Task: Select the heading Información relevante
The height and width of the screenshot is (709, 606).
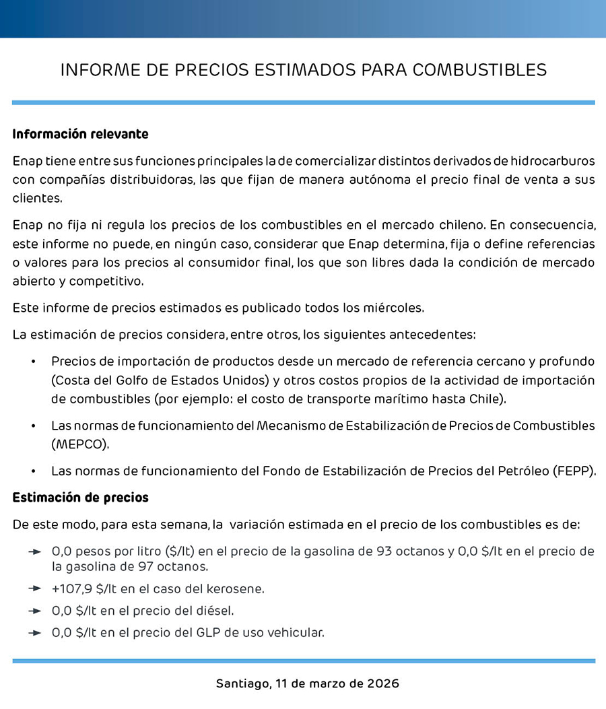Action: (x=80, y=134)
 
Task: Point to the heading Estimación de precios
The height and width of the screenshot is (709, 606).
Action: (x=80, y=498)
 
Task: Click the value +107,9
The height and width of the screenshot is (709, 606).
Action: (x=72, y=588)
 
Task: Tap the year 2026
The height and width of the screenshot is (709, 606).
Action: (x=383, y=683)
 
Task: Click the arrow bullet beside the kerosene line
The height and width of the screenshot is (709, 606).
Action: (x=35, y=589)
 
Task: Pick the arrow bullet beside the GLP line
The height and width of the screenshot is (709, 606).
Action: (x=35, y=633)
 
